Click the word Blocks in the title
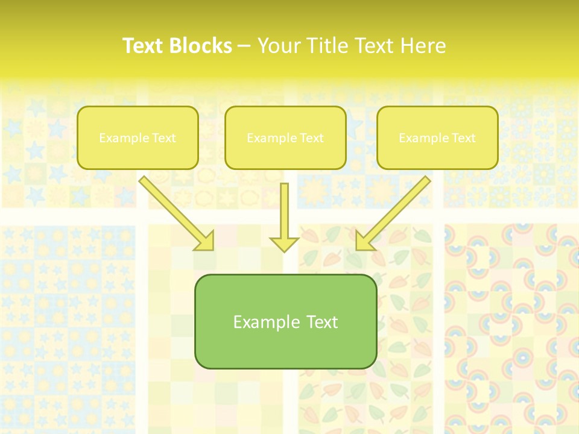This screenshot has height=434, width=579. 202,46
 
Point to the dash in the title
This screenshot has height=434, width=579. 244,46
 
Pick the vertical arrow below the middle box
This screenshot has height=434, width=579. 284,211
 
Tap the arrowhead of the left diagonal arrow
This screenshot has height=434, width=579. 205,241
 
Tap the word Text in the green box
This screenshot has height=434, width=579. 321,322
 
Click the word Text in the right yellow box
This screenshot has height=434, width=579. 463,138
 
